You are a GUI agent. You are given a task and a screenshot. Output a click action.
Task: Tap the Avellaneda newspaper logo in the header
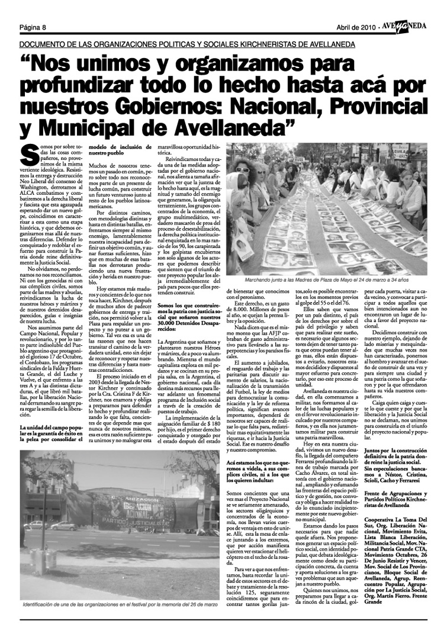[408, 27]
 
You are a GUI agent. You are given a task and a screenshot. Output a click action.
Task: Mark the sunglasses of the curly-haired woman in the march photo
[242, 170]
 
